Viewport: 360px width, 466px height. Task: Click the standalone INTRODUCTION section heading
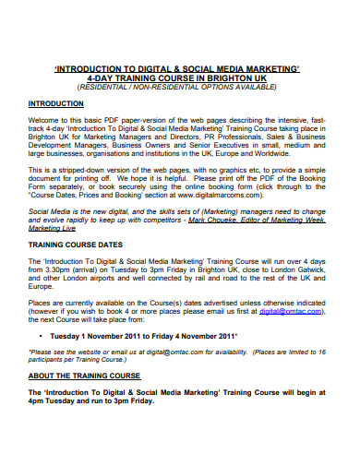(57, 103)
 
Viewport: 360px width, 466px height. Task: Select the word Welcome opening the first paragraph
(46, 121)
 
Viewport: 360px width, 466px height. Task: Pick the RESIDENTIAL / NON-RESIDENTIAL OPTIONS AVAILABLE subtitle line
(181, 88)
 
